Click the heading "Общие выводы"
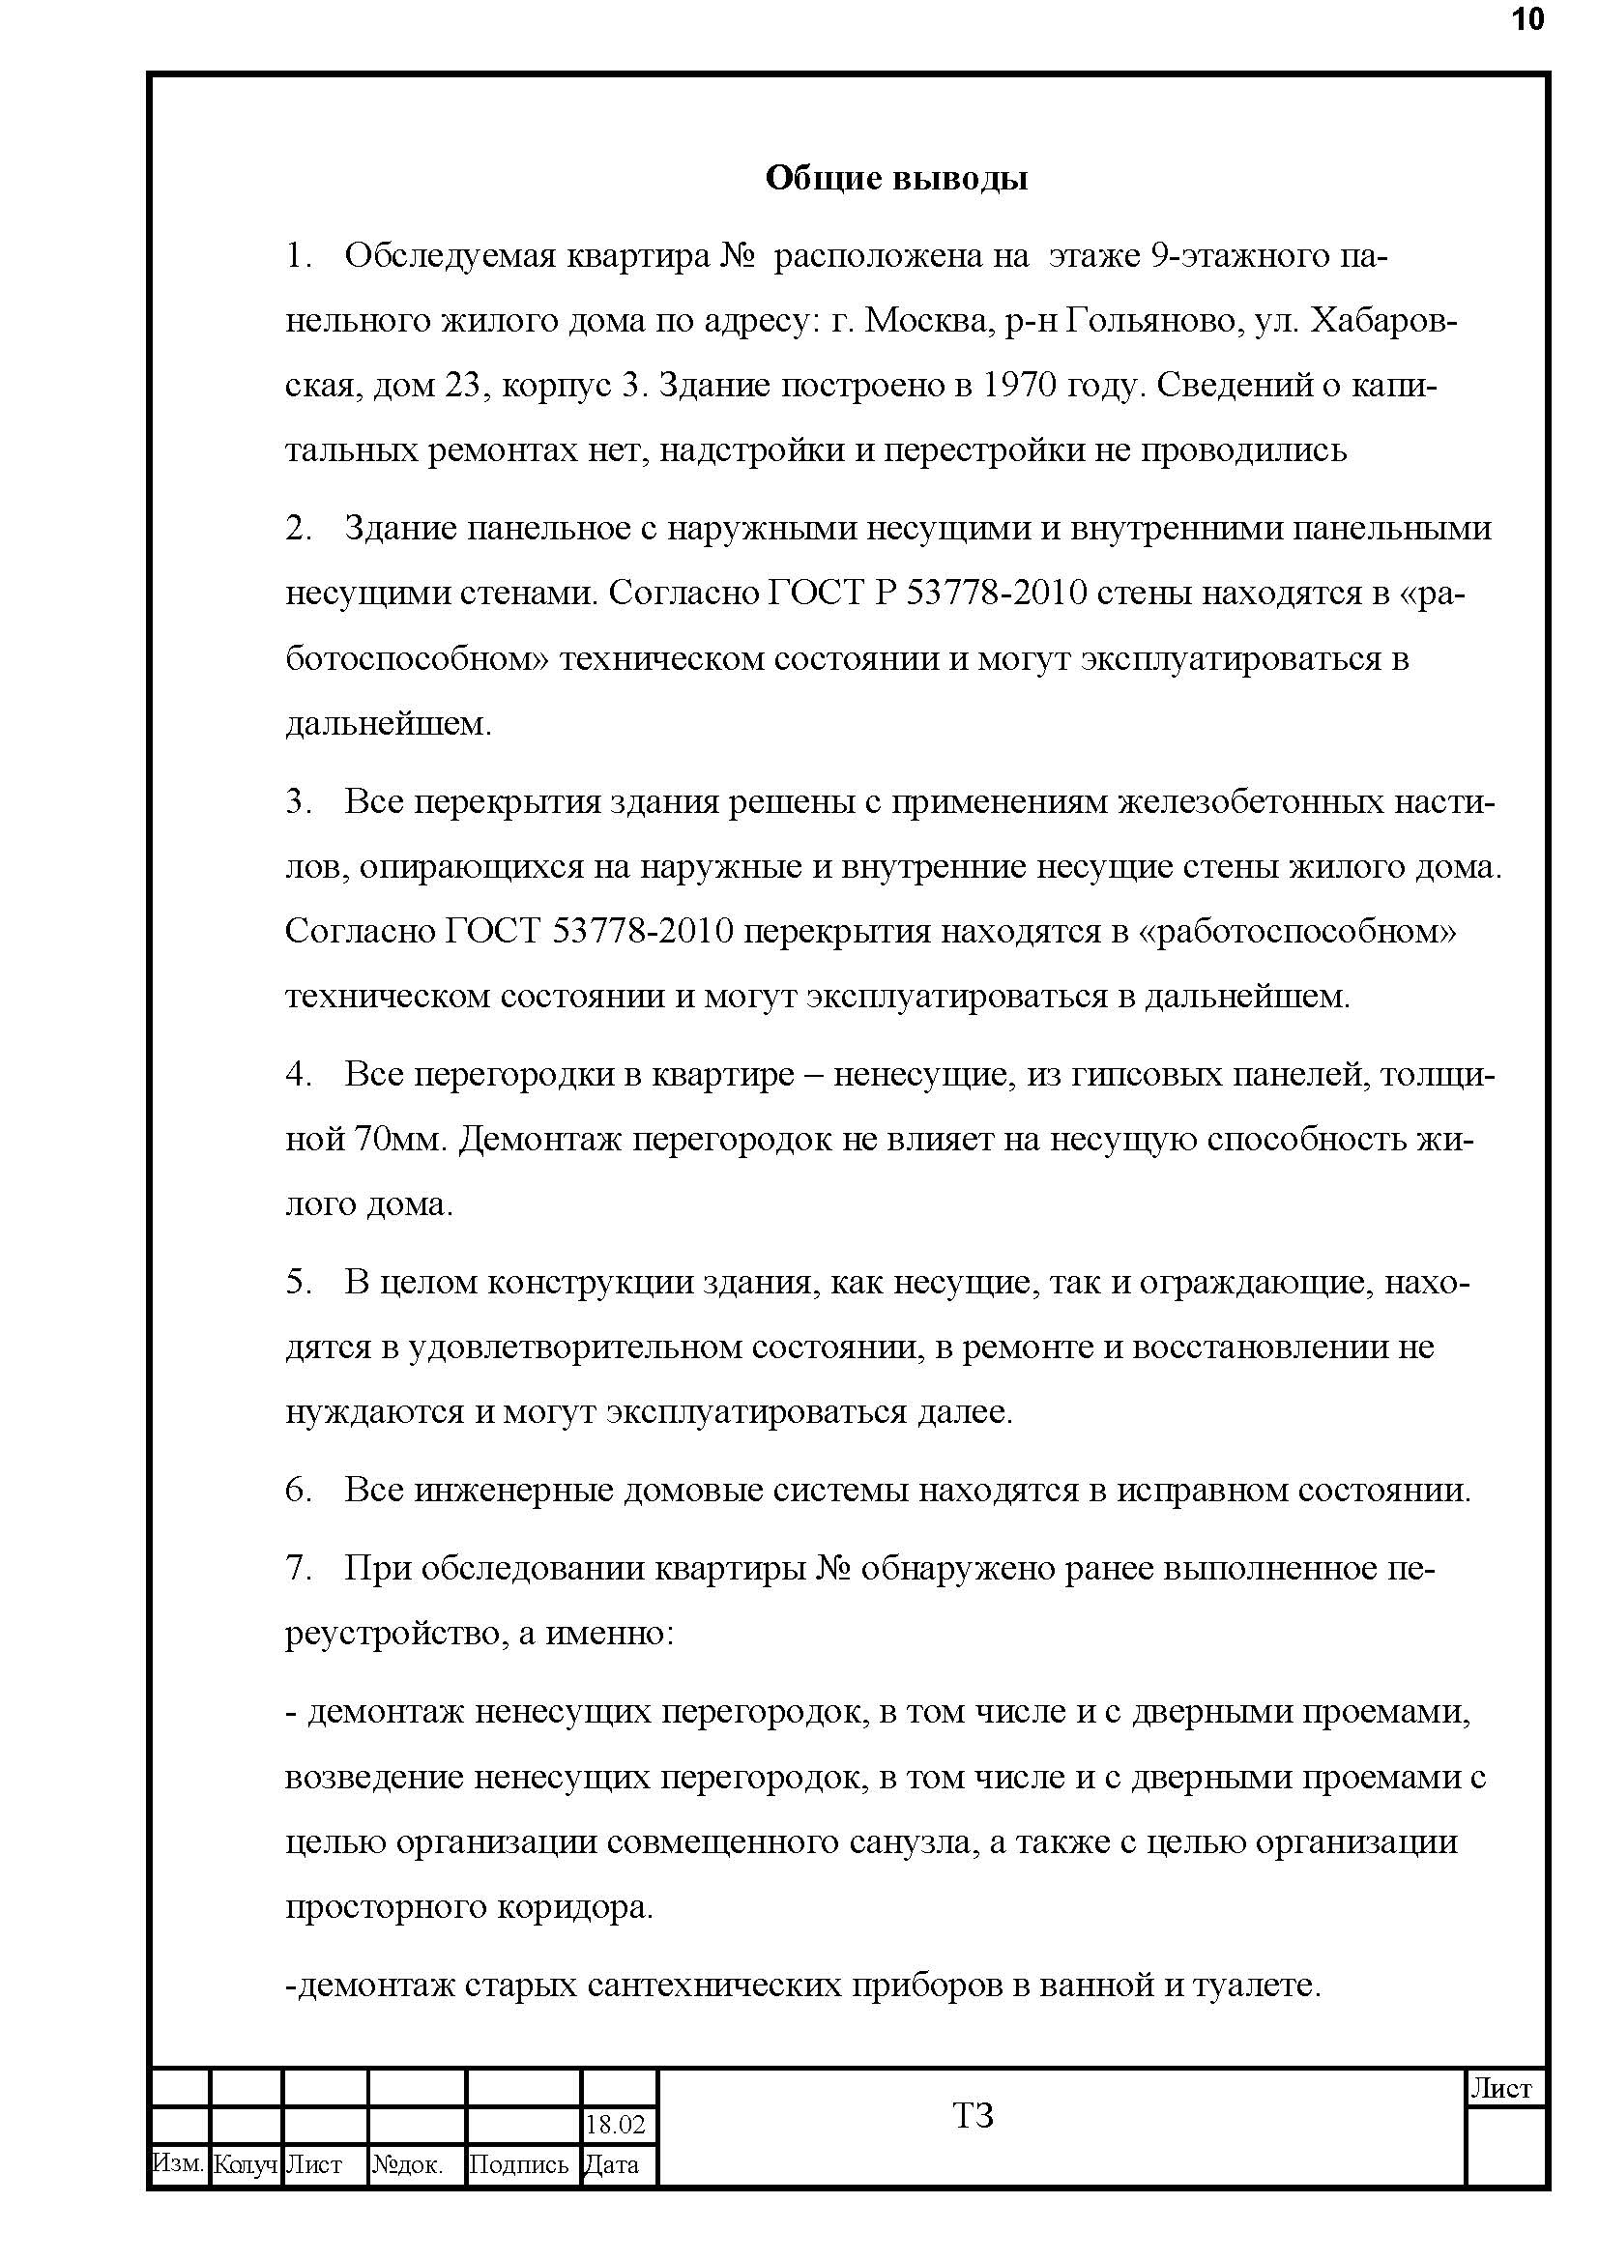point(896,178)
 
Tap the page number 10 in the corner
point(1527,19)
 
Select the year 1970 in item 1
point(1021,385)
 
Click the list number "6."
point(299,1490)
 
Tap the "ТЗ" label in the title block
point(973,2115)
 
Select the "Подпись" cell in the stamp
point(519,2164)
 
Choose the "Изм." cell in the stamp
point(178,2163)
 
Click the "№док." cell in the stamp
point(408,2164)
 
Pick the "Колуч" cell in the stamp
point(246,2164)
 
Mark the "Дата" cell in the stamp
point(611,2164)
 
